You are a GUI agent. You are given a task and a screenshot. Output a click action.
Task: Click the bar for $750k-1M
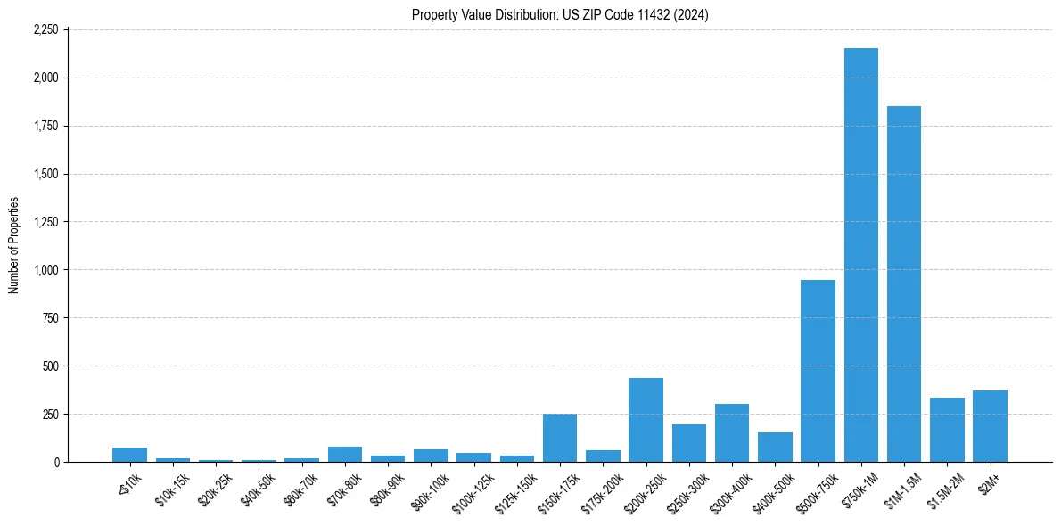[861, 255]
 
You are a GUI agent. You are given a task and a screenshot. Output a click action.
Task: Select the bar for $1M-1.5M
[904, 284]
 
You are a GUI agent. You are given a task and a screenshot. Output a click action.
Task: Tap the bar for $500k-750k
[818, 371]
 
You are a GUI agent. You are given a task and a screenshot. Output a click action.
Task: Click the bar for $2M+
[990, 426]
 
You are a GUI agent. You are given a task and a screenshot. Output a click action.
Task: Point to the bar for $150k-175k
[560, 438]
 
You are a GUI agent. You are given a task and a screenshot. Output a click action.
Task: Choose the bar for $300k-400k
[732, 432]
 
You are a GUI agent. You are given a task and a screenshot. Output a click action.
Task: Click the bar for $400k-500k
[775, 447]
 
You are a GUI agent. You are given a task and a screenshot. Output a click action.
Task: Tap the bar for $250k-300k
[689, 443]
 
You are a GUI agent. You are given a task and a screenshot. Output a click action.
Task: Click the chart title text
[560, 15]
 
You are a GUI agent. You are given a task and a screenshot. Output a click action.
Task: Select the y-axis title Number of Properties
[14, 245]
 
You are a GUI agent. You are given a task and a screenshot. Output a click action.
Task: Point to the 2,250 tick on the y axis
[45, 29]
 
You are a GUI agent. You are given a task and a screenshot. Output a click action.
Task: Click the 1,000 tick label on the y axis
[45, 270]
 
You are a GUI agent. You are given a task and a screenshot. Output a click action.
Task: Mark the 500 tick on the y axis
[51, 366]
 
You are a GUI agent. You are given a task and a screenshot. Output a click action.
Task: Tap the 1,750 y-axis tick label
[45, 126]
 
